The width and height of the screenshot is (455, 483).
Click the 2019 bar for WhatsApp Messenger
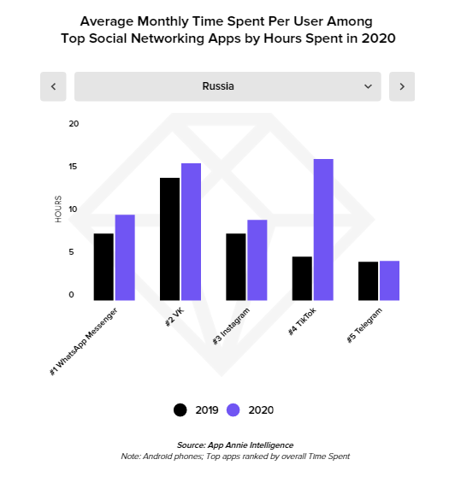(103, 267)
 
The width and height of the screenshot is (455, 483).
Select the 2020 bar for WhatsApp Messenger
(125, 257)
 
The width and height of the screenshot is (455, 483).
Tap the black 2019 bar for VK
(169, 239)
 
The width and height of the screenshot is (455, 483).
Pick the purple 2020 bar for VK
(191, 232)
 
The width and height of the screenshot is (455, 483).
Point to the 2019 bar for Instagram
(236, 267)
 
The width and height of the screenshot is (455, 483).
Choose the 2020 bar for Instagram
(257, 260)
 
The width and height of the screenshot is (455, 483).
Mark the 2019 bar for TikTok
(302, 278)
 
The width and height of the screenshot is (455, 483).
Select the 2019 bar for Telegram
(368, 280)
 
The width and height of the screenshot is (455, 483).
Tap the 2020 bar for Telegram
(389, 280)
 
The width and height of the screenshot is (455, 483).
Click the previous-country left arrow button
(53, 86)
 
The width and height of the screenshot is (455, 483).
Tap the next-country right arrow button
(402, 86)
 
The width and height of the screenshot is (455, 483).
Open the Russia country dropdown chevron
(369, 86)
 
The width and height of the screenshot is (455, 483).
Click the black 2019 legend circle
(180, 409)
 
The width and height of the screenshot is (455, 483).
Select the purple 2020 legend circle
(233, 409)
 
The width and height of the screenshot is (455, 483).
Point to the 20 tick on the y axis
(74, 123)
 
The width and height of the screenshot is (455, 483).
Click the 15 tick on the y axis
(74, 167)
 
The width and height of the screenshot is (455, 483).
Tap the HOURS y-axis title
(59, 209)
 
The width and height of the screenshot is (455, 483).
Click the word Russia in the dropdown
(218, 86)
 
